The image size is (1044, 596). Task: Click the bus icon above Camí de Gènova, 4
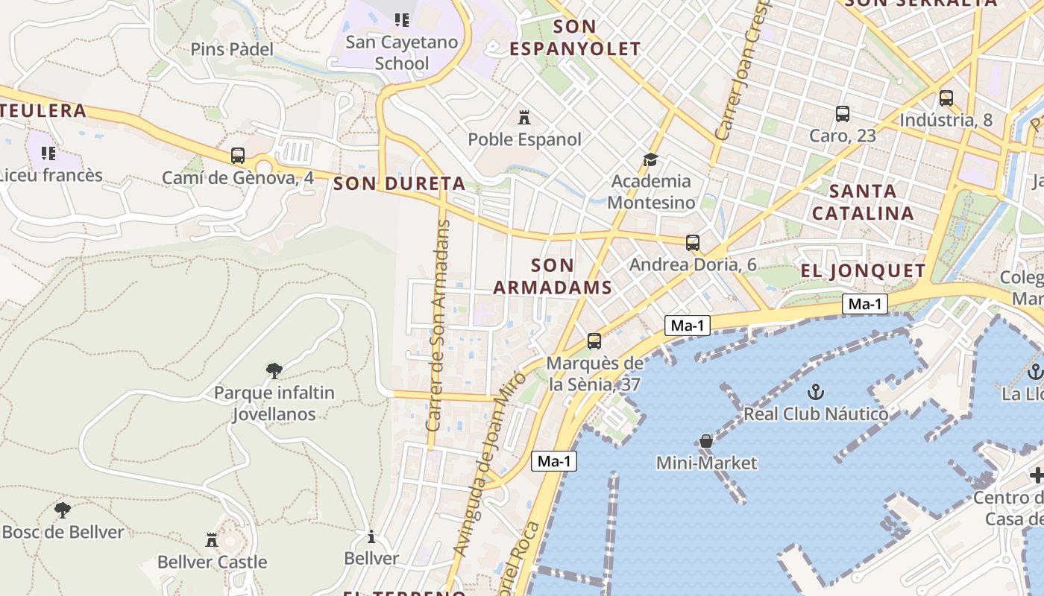point(238,156)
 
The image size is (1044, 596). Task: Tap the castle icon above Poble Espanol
point(524,118)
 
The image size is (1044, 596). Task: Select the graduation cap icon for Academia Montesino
point(651,159)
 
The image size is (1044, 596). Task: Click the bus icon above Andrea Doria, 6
point(693,242)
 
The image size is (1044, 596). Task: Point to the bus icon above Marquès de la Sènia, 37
point(594,341)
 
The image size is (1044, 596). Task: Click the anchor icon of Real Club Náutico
point(816,391)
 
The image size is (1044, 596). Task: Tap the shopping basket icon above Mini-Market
point(706,441)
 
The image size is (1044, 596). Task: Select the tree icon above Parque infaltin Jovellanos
point(274,370)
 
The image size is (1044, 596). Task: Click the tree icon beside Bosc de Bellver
point(63,510)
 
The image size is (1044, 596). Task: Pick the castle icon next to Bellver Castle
point(212,539)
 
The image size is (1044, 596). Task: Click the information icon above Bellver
point(371,536)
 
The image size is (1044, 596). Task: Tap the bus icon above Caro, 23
point(843,114)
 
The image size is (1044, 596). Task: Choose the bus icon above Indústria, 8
point(946,98)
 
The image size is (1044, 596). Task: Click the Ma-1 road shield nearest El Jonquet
point(865,304)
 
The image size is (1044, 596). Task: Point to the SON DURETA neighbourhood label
point(400,183)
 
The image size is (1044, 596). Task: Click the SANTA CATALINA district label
point(863,202)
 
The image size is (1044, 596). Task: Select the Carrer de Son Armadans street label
point(439,326)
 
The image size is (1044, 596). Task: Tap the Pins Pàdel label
point(232,49)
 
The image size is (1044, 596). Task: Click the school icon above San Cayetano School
point(402,20)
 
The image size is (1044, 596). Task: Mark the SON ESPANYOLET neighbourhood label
point(575,38)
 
